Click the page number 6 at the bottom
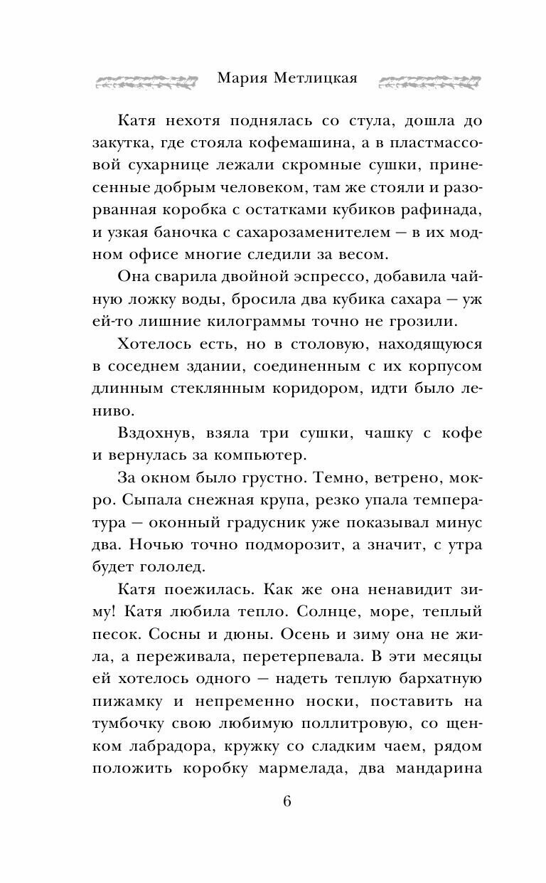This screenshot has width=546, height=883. tap(287, 800)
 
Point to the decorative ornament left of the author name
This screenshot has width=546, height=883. tap(145, 79)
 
